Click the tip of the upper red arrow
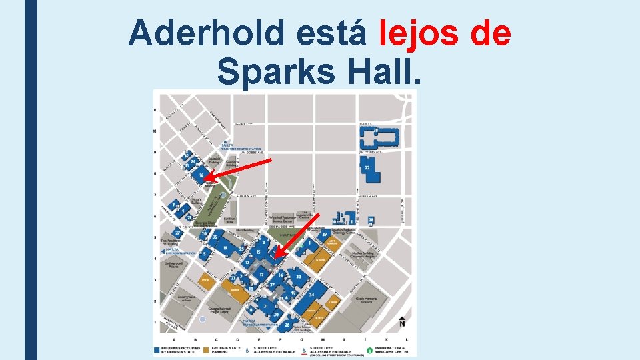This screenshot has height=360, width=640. tap(205, 181)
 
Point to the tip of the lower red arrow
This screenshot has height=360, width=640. tap(275, 256)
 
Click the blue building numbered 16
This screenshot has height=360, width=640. tap(201, 175)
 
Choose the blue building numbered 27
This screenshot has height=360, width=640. tap(178, 233)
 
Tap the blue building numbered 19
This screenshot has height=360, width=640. tap(227, 248)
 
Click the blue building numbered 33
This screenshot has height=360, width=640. tap(298, 276)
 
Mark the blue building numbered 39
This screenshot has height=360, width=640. tap(325, 235)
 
